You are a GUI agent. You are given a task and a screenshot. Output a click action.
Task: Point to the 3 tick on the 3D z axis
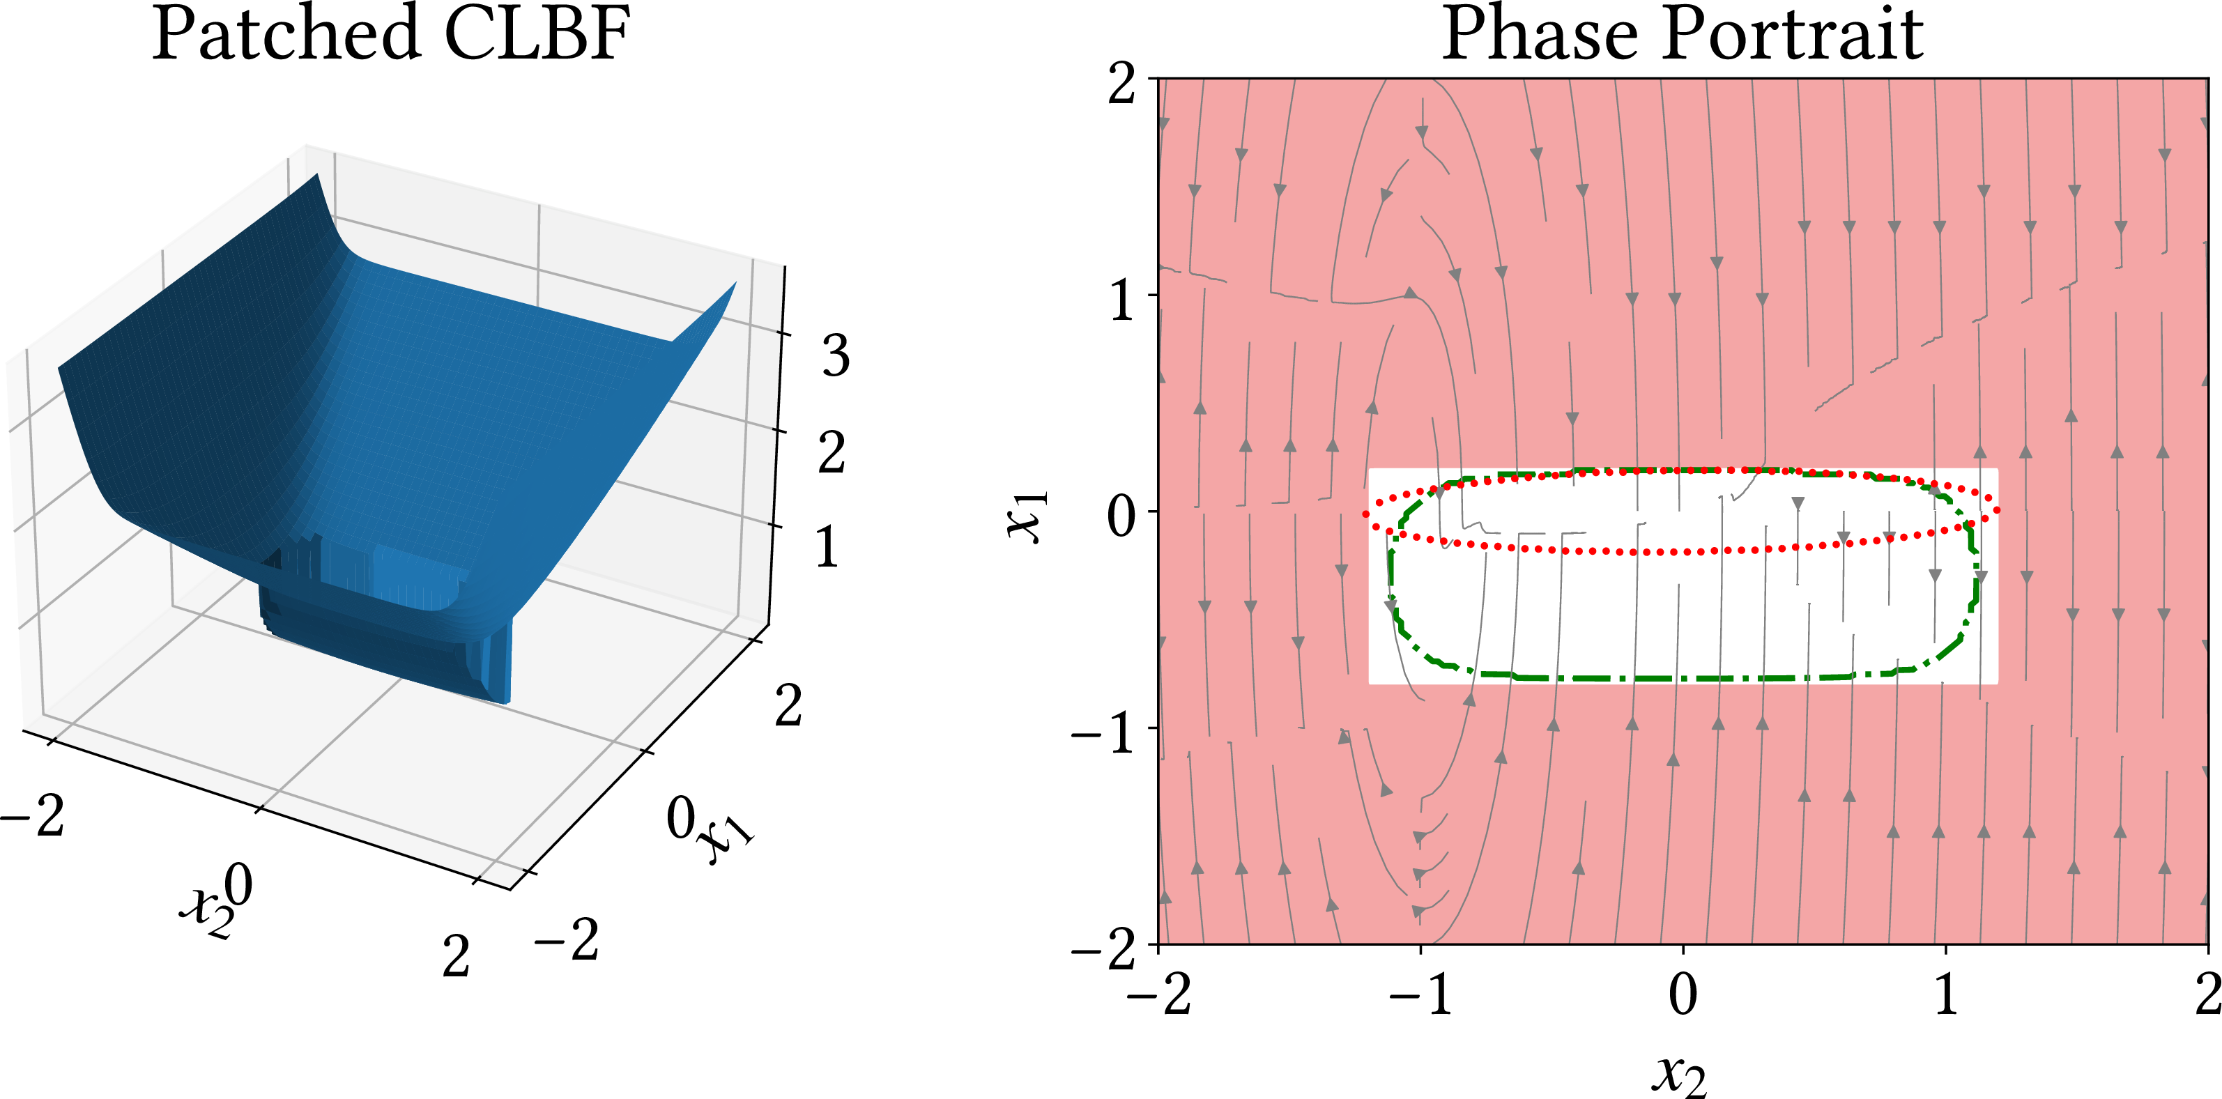(x=835, y=355)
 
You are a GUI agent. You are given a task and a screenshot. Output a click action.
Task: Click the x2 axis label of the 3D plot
(x=207, y=911)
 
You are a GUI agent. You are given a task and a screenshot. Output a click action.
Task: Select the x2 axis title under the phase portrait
(x=1680, y=1074)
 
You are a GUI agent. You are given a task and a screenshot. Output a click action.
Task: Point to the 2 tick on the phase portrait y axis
(x=1121, y=84)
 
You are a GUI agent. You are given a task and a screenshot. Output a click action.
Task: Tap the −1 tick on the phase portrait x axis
(x=1420, y=994)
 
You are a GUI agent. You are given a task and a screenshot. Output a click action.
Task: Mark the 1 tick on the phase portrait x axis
(x=1945, y=994)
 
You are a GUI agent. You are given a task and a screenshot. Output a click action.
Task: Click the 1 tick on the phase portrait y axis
(x=1121, y=301)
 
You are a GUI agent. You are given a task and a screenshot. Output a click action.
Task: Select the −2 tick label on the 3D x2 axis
(x=33, y=815)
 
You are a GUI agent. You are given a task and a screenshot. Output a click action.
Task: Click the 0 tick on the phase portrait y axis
(x=1121, y=516)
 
